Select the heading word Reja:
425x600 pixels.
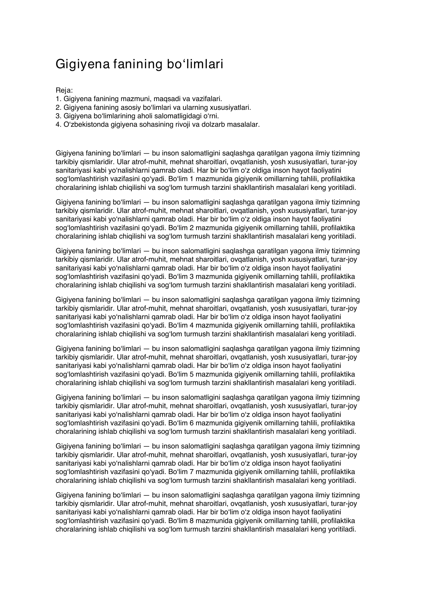(x=64, y=90)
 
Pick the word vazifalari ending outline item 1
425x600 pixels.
(x=207, y=99)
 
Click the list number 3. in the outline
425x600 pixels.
(x=58, y=116)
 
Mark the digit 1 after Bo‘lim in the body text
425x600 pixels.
(x=190, y=179)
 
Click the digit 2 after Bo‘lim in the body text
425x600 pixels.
(x=191, y=228)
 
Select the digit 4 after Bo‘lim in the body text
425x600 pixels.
(x=191, y=325)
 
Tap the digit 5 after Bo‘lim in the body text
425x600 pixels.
(x=191, y=374)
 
